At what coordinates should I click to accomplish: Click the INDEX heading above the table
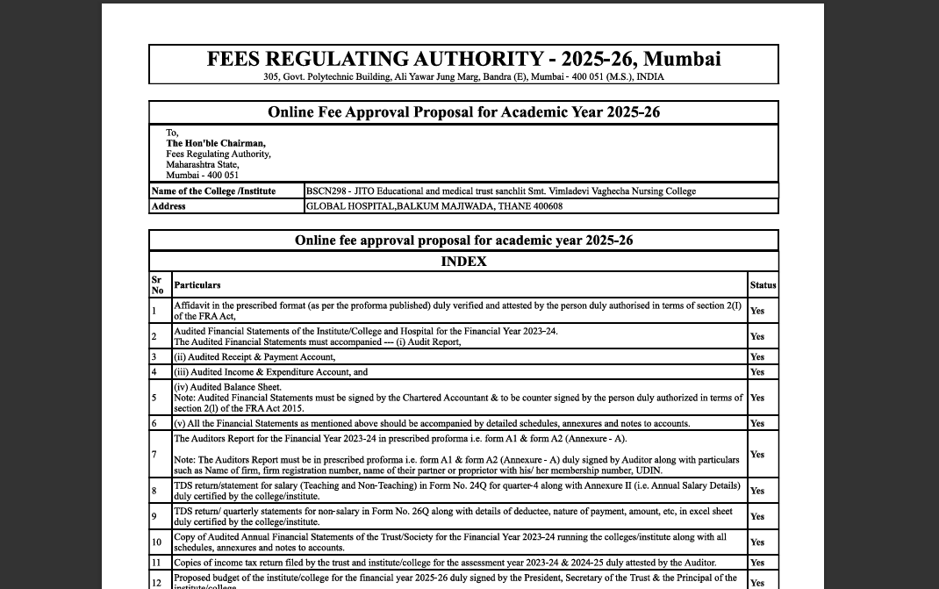point(463,262)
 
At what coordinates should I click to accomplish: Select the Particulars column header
point(197,285)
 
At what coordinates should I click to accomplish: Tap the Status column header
point(763,285)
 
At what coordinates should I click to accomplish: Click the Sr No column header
point(157,285)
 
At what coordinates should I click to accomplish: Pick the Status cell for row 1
point(757,311)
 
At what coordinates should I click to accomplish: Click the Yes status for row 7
point(757,455)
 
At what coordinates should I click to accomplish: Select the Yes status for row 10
point(757,542)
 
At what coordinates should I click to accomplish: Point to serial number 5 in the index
point(154,398)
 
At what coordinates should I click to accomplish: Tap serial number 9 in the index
point(154,516)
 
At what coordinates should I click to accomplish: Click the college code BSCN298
point(325,191)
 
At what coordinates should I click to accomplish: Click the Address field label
point(168,206)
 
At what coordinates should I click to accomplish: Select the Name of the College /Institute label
point(213,191)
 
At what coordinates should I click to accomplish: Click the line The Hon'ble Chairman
point(216,143)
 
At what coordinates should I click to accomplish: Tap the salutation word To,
point(172,133)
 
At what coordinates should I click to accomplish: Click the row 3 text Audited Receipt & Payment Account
point(254,357)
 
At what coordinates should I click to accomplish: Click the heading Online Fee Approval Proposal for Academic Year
point(463,112)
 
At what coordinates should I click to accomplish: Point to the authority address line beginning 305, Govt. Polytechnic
point(463,77)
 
